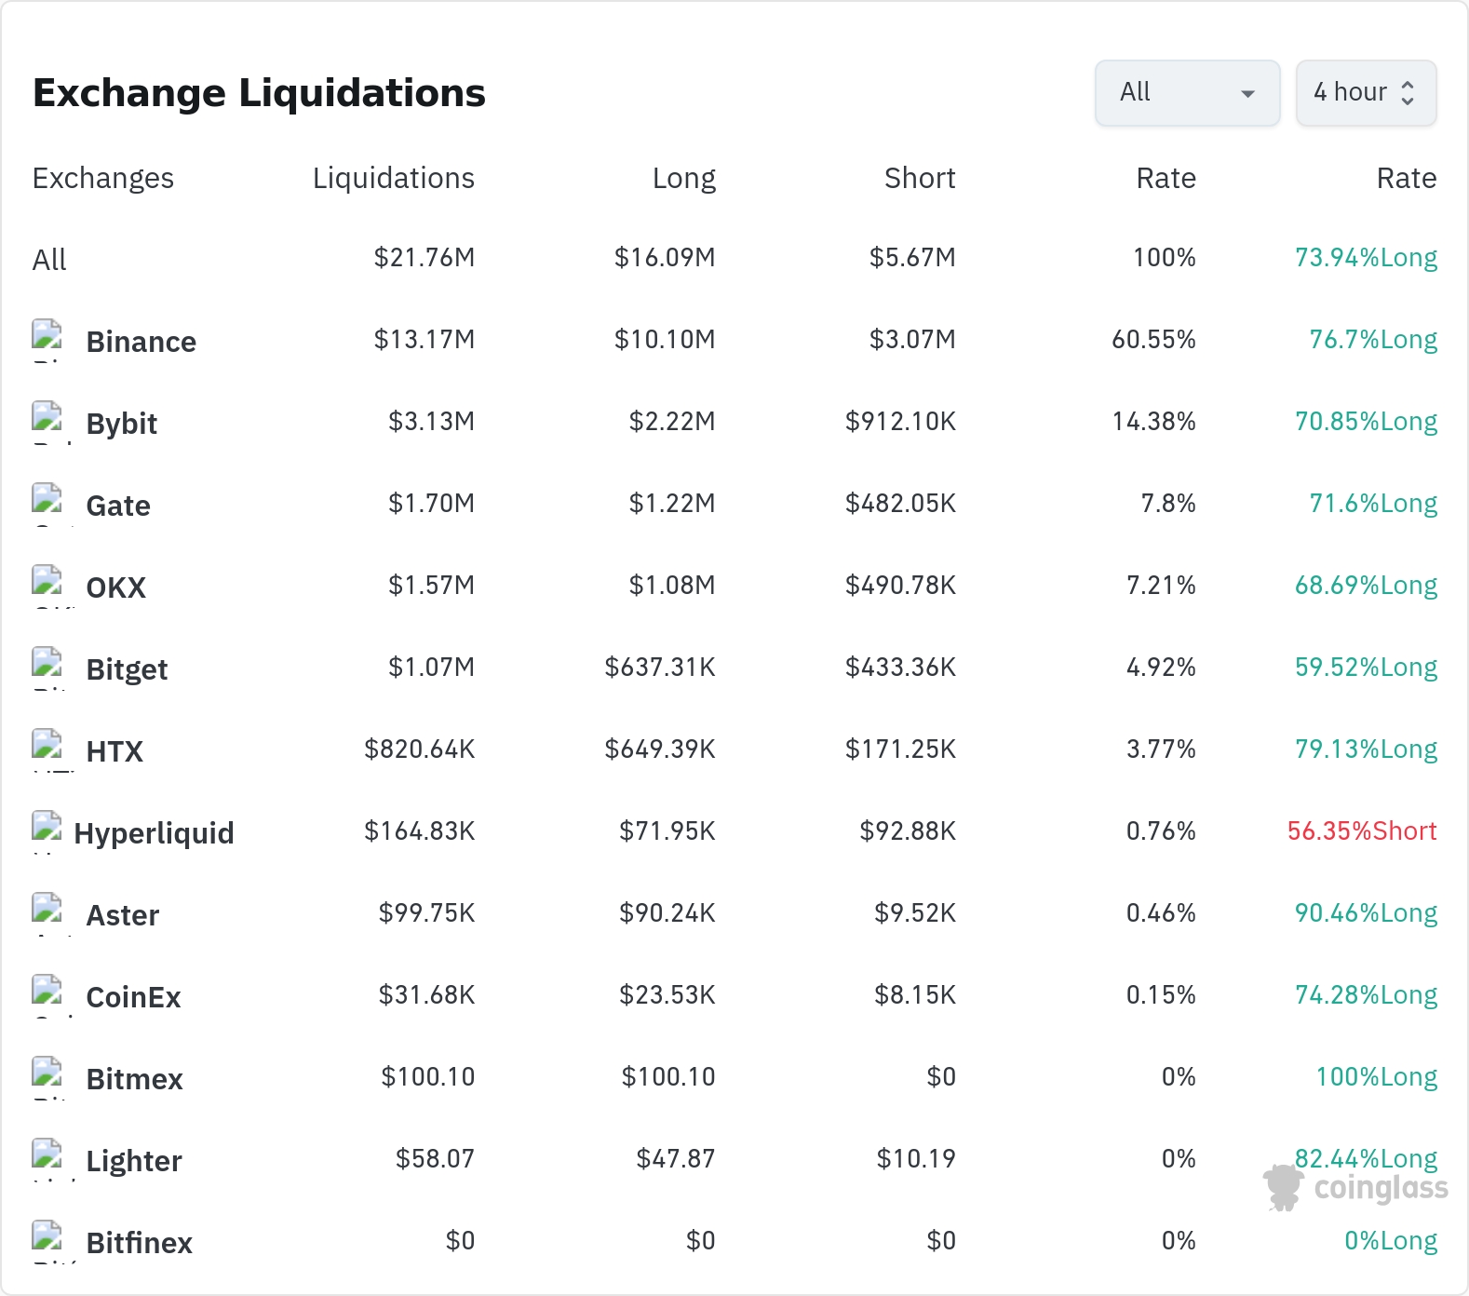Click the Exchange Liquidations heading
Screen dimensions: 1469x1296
pos(259,93)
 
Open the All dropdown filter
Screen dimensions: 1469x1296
pos(1187,92)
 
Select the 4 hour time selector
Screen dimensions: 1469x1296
pos(1366,92)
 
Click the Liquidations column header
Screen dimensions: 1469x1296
pos(394,178)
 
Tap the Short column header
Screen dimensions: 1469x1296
pos(920,178)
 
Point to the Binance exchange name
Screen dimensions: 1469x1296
pos(142,342)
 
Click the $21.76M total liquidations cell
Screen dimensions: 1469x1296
pos(425,257)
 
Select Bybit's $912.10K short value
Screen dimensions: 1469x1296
pos(900,421)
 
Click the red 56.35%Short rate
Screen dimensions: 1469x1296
pos(1362,830)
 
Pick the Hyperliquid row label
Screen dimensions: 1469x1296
pos(154,833)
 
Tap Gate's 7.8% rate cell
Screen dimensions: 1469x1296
pos(1168,503)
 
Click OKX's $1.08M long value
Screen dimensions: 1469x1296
pos(672,585)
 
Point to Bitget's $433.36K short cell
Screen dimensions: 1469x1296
pos(900,667)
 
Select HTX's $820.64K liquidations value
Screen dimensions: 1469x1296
pos(420,749)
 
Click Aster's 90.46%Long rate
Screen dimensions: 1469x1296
pos(1366,912)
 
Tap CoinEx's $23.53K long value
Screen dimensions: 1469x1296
pos(667,994)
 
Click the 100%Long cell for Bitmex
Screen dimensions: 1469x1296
pos(1376,1076)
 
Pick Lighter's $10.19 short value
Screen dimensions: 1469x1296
pos(916,1158)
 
